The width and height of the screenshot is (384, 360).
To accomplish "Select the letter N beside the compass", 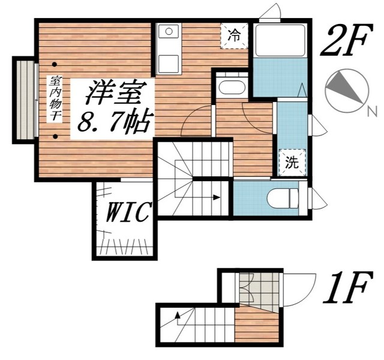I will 371,110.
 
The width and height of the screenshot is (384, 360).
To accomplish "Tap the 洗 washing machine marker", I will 292,162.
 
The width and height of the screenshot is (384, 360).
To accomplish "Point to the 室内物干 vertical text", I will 55,100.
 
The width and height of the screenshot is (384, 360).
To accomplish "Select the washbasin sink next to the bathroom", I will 232,87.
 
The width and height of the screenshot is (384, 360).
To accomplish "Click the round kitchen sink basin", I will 169,31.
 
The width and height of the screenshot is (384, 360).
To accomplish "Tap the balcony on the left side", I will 25,99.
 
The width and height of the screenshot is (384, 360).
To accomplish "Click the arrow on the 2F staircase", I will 215,197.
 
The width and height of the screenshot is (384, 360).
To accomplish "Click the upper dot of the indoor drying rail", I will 55,63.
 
